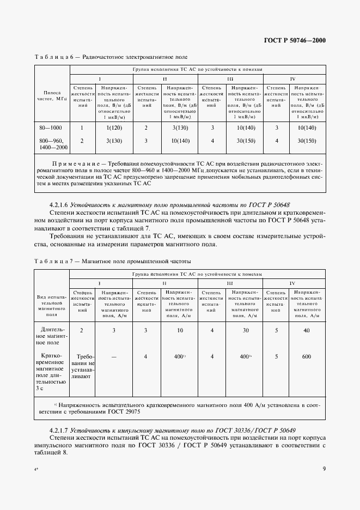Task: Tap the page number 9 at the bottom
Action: (324, 467)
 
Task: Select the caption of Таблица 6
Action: (111, 57)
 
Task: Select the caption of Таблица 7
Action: (112, 261)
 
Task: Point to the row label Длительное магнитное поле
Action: (52, 336)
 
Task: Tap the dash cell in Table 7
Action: (114, 357)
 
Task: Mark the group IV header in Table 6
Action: (292, 78)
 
